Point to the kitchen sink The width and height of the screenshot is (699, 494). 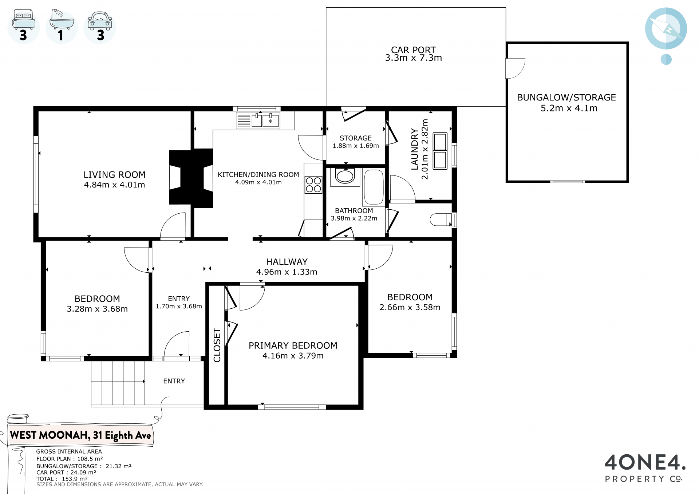258,120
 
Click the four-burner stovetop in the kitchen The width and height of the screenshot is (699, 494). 313,185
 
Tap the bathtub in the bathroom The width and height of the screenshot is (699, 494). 374,187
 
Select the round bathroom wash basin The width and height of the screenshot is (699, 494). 345,176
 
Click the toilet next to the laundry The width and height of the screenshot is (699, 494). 441,220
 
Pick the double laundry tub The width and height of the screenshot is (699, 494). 440,151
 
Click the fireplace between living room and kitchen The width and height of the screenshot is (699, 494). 191,178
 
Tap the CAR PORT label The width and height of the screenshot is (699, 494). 413,50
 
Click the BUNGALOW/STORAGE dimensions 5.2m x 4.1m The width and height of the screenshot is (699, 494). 569,108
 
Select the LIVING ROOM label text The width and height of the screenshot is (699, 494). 114,175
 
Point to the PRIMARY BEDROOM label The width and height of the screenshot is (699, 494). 293,345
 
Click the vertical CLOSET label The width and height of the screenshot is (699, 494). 217,345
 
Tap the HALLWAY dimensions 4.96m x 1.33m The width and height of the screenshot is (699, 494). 287,272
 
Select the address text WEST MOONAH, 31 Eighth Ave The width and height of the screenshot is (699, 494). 80,435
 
